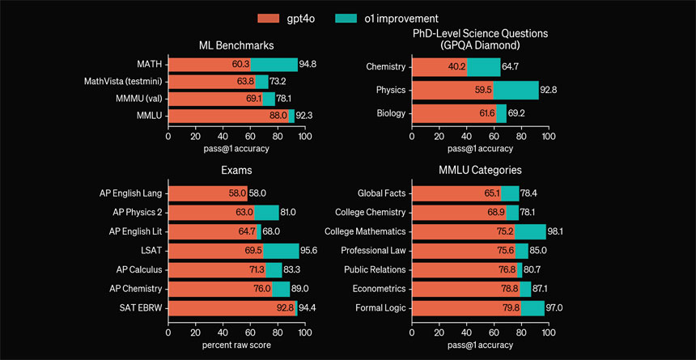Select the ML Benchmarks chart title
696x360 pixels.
pos(235,45)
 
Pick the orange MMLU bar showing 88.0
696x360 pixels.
pos(227,116)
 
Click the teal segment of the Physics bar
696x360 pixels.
pos(516,90)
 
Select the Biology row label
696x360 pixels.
pos(391,113)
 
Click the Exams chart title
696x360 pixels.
pos(236,171)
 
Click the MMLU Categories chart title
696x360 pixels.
pos(480,171)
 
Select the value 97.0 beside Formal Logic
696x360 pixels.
pos(554,308)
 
